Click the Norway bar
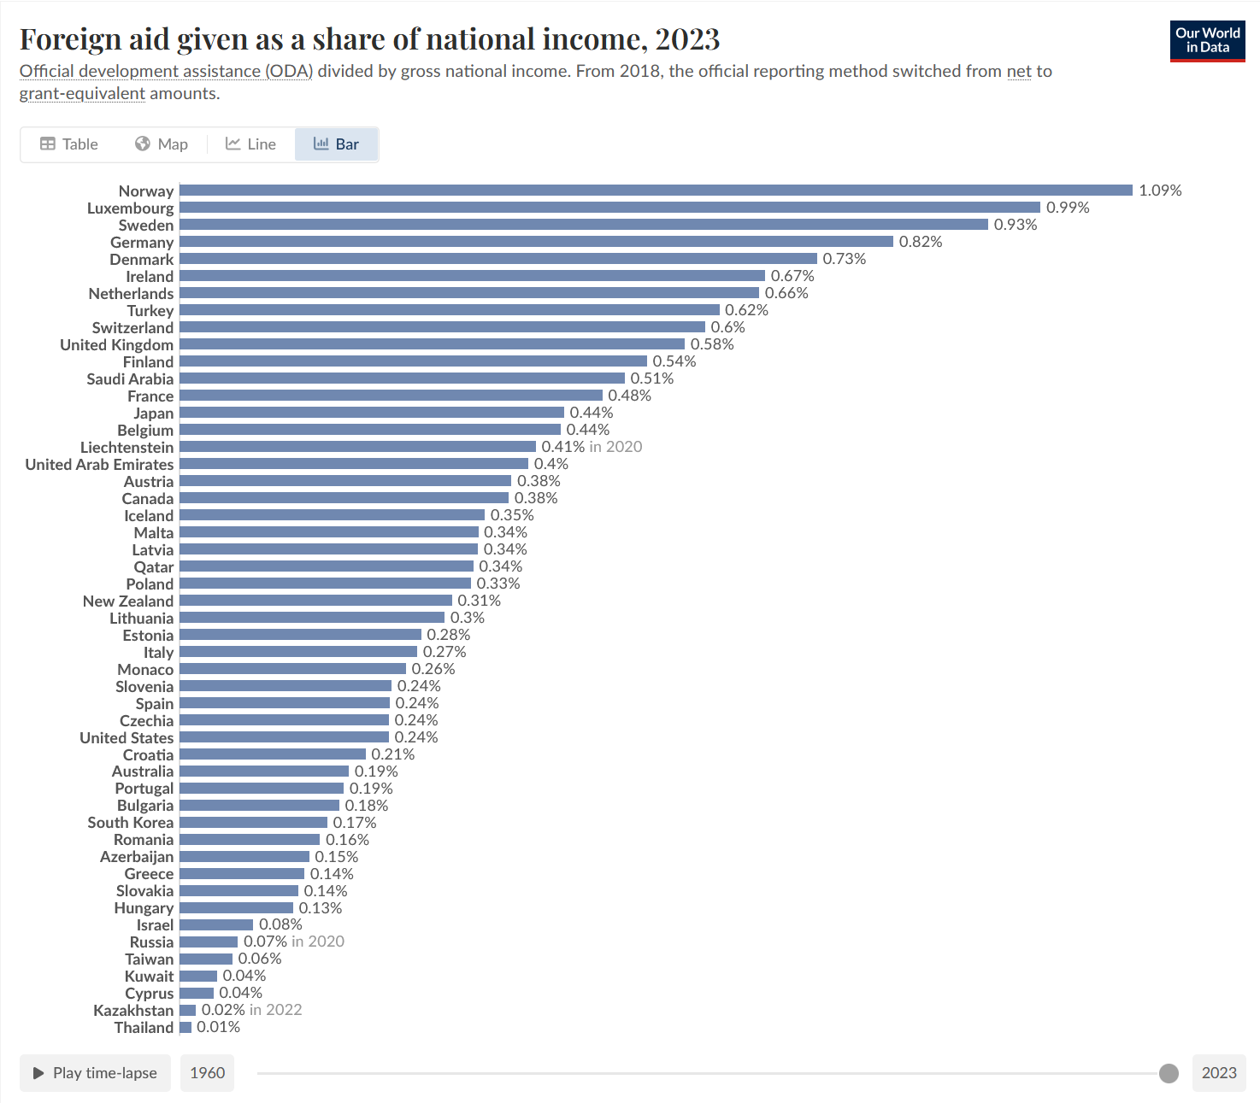(x=656, y=191)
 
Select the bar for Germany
(x=536, y=242)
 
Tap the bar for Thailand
(x=185, y=1027)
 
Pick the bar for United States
(x=284, y=737)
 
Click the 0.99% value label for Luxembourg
(x=1068, y=208)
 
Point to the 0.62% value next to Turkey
(x=746, y=310)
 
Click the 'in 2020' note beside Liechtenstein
(x=615, y=447)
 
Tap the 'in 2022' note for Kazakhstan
(x=275, y=1010)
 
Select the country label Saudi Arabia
(x=130, y=379)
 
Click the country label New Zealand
(x=128, y=601)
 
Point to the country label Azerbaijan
(x=137, y=857)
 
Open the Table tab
(x=69, y=144)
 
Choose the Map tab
(x=162, y=144)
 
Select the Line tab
(x=250, y=144)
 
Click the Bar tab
(x=336, y=144)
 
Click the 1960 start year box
(x=207, y=1073)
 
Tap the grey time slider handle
(x=1169, y=1073)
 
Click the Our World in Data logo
(x=1207, y=40)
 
